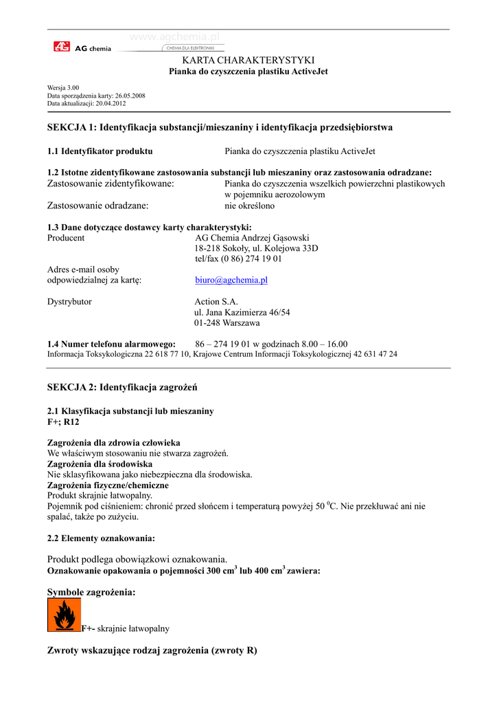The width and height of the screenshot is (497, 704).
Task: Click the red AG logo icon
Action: pyautogui.click(x=62, y=47)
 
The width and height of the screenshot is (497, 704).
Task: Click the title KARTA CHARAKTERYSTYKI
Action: pyautogui.click(x=248, y=60)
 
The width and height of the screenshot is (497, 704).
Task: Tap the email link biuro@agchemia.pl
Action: pyautogui.click(x=231, y=280)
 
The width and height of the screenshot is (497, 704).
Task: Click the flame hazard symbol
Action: pyautogui.click(x=64, y=614)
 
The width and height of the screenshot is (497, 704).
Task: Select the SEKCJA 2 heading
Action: pyautogui.click(x=122, y=388)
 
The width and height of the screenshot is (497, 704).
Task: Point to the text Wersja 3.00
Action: pyautogui.click(x=63, y=88)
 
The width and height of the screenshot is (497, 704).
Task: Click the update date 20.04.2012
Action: pyautogui.click(x=111, y=103)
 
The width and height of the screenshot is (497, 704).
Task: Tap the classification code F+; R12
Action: pyautogui.click(x=63, y=421)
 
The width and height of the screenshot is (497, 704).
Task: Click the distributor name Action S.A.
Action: pyautogui.click(x=216, y=301)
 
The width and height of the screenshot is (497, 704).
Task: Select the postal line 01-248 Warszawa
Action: pyautogui.click(x=227, y=322)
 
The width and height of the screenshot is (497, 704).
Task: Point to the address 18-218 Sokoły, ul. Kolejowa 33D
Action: pyautogui.click(x=256, y=248)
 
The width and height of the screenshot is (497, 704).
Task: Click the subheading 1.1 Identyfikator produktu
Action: pyautogui.click(x=100, y=151)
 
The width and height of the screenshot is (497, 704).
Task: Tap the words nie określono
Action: pyautogui.click(x=250, y=205)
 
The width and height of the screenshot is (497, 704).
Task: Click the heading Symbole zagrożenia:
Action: pyautogui.click(x=91, y=592)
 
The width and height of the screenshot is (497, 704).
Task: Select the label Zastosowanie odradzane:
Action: pyautogui.click(x=98, y=205)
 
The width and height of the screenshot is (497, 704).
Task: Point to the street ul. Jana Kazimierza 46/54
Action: pyautogui.click(x=242, y=312)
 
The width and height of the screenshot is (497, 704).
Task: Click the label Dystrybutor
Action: pyautogui.click(x=69, y=301)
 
